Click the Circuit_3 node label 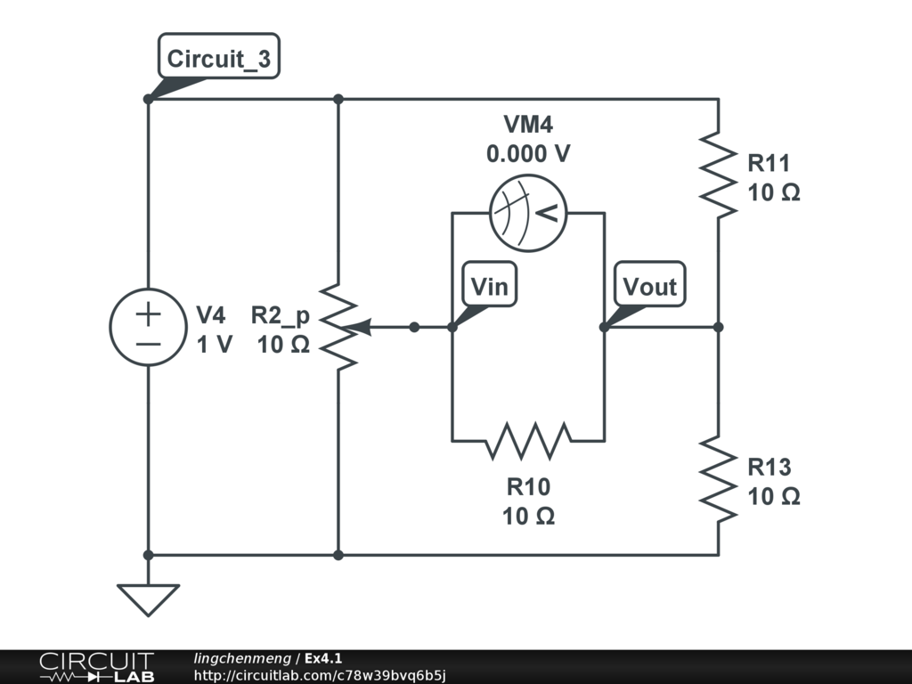219,60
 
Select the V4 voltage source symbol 148,327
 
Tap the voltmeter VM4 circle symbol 529,213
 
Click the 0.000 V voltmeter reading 528,154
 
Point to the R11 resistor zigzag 718,175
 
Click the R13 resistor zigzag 718,479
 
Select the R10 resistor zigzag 529,440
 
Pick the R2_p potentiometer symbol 339,327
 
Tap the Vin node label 490,287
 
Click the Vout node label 650,287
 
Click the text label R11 769,164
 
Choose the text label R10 529,487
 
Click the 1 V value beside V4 214,344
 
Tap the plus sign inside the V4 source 148,313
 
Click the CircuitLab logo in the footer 96,667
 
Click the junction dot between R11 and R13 718,327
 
